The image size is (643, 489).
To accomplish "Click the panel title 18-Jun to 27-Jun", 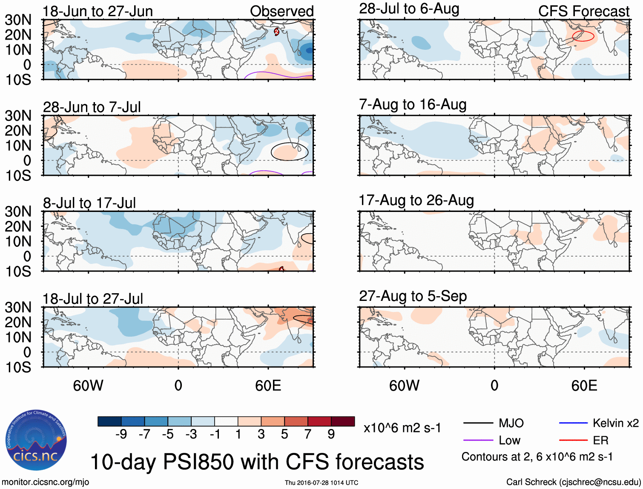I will (x=98, y=11).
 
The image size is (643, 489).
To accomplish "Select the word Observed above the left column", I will (x=281, y=11).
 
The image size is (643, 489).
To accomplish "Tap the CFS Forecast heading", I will (x=583, y=11).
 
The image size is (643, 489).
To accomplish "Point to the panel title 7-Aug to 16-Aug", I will (x=413, y=104).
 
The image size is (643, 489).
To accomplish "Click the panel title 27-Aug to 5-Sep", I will (x=413, y=296).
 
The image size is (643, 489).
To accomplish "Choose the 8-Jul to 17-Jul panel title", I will (x=89, y=203).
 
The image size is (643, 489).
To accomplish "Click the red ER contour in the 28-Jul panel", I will (x=583, y=36).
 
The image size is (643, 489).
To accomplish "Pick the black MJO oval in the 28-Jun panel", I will (x=289, y=152).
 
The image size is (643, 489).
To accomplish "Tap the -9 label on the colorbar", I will (x=121, y=434).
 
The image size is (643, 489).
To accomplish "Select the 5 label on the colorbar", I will (x=284, y=434).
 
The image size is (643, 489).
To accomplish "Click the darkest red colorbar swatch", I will (x=343, y=421).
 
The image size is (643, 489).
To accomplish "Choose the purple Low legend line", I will (x=478, y=440).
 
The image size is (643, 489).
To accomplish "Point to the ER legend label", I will (x=600, y=440).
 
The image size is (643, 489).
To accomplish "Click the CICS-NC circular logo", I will (x=36, y=440).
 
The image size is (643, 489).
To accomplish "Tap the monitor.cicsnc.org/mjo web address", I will (x=45, y=482).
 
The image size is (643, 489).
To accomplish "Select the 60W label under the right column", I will (x=404, y=386).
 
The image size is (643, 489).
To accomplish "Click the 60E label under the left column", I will (x=268, y=386).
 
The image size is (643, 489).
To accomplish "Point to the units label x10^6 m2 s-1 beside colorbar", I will (x=402, y=428).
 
